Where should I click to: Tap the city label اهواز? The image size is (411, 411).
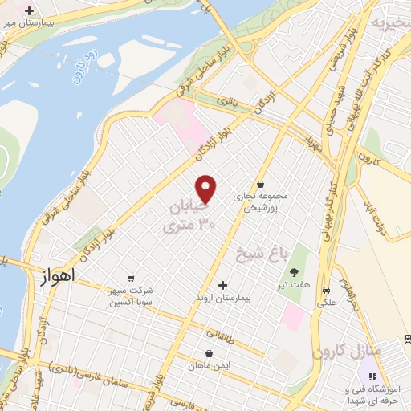tap(55, 276)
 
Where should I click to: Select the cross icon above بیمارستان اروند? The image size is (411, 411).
tap(223, 285)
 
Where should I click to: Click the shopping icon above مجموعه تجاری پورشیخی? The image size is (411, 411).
tap(260, 183)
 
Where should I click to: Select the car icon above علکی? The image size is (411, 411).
tap(327, 290)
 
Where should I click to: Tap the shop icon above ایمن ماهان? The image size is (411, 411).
tap(209, 352)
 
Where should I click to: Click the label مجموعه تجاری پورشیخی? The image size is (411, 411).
tap(260, 201)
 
